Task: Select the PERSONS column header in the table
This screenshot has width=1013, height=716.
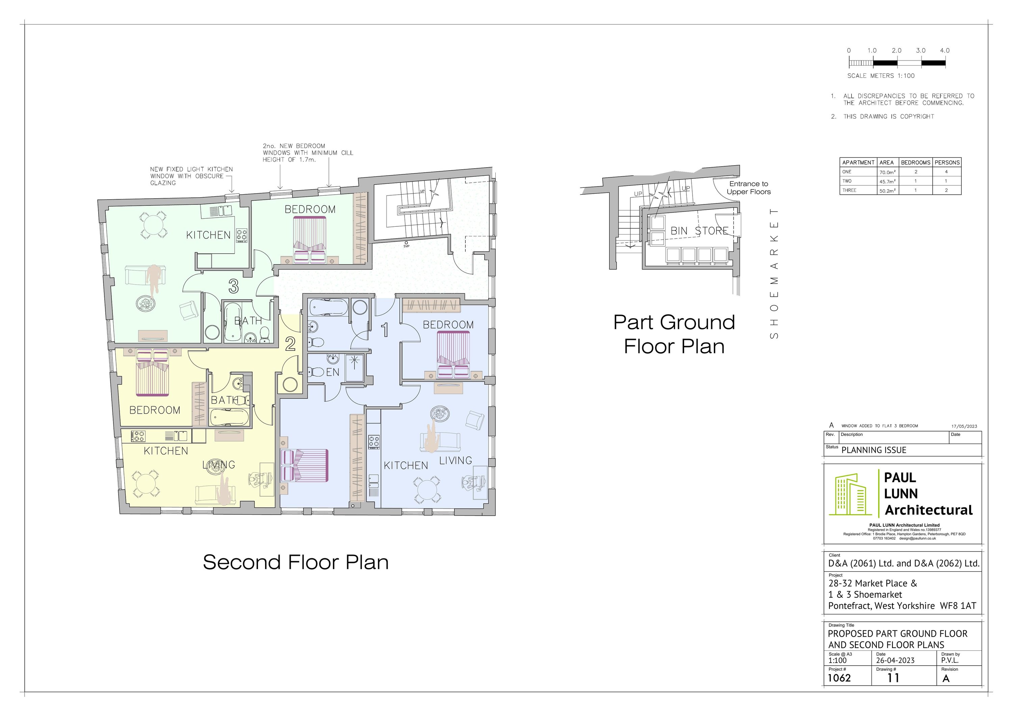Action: (x=947, y=163)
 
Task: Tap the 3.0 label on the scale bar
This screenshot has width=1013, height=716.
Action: (x=920, y=51)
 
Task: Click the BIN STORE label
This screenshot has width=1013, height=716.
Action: (x=699, y=231)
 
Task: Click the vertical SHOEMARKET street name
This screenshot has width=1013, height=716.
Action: (x=774, y=273)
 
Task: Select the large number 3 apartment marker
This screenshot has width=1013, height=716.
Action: (x=233, y=287)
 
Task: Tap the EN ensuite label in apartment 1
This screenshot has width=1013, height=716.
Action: (x=333, y=372)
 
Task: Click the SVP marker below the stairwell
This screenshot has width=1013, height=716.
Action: (x=406, y=244)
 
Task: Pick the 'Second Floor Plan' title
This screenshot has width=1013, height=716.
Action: (x=295, y=562)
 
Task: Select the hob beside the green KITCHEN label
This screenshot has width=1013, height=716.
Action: (x=242, y=235)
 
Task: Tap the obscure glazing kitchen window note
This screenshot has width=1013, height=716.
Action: (x=191, y=176)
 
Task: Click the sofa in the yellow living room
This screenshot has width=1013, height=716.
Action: (x=215, y=495)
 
